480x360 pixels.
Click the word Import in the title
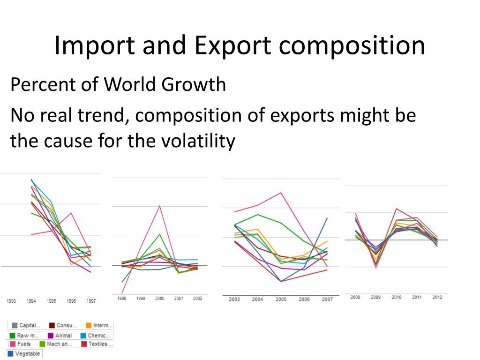tap(86, 46)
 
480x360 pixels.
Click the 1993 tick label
tap(11, 301)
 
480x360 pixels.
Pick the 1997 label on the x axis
tap(91, 301)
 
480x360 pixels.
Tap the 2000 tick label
tap(159, 299)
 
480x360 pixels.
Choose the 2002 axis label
tap(198, 299)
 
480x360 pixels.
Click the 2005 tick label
tap(281, 299)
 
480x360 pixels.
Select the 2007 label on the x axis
tap(327, 299)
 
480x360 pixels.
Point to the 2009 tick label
tap(375, 297)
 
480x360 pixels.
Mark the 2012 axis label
tap(437, 297)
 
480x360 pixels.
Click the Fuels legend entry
tap(24, 344)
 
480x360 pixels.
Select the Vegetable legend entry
tap(27, 353)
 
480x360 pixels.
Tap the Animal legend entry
tap(63, 336)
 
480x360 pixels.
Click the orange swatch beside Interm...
tap(88, 325)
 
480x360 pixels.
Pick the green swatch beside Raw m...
tap(13, 336)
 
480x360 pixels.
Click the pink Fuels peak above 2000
tap(160, 206)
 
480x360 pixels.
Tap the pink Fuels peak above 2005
tap(281, 193)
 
